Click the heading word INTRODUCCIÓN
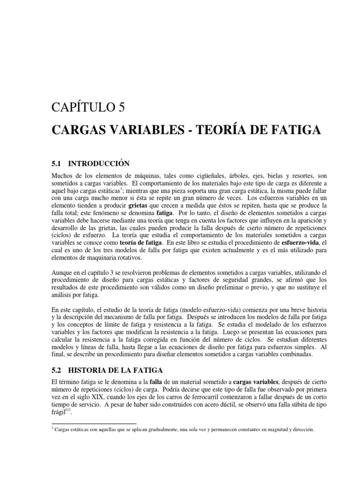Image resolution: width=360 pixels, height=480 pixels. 98,164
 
